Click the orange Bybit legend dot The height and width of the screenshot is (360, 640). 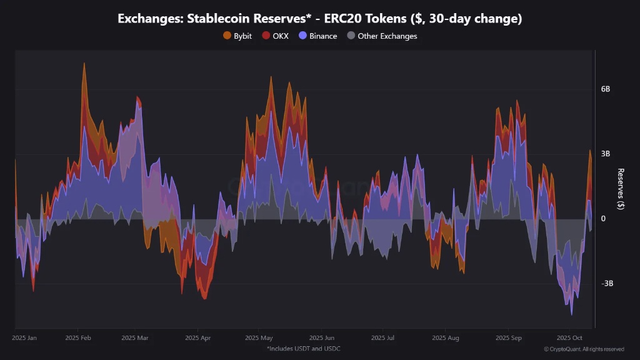pyautogui.click(x=227, y=36)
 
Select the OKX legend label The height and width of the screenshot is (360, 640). pyautogui.click(x=281, y=36)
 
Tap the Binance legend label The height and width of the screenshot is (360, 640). pyautogui.click(x=323, y=36)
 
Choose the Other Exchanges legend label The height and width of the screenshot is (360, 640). pyautogui.click(x=387, y=36)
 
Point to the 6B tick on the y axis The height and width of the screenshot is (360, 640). pyautogui.click(x=605, y=89)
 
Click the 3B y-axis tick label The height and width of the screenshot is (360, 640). pyautogui.click(x=605, y=154)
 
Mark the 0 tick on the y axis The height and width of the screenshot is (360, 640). pyautogui.click(x=603, y=218)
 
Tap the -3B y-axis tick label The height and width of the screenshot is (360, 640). pyautogui.click(x=606, y=283)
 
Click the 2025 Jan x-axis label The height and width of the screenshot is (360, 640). pyautogui.click(x=24, y=337)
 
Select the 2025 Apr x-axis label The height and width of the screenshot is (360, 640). pyautogui.click(x=197, y=337)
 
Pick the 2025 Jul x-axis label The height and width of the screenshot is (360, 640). pyautogui.click(x=382, y=337)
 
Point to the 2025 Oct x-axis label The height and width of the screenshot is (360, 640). pyautogui.click(x=569, y=337)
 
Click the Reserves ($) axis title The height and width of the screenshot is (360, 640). pyautogui.click(x=621, y=189)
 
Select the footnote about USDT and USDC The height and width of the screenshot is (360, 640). pyautogui.click(x=303, y=349)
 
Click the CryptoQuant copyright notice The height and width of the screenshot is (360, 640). pyautogui.click(x=584, y=349)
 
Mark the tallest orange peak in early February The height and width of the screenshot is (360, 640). pyautogui.click(x=84, y=63)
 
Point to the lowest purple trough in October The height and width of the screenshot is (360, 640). pyautogui.click(x=571, y=314)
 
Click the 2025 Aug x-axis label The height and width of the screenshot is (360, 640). pyautogui.click(x=445, y=337)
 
